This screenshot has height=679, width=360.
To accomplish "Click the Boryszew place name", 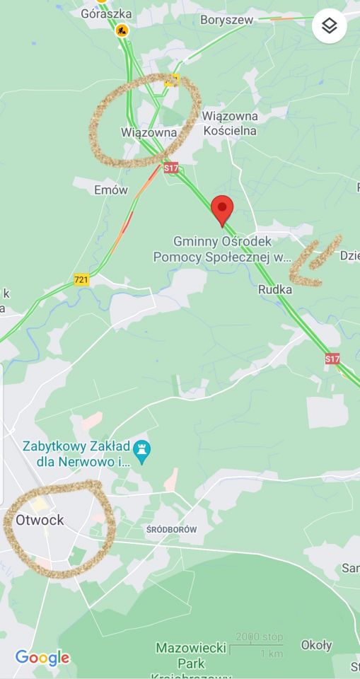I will (x=226, y=21).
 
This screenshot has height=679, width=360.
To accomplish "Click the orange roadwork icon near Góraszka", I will (x=122, y=30).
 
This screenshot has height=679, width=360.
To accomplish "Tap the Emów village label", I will (x=111, y=190).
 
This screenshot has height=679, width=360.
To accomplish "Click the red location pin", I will (x=223, y=209).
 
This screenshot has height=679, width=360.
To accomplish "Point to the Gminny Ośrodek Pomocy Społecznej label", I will (x=223, y=249).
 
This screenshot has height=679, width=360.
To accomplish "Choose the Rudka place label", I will (x=275, y=289).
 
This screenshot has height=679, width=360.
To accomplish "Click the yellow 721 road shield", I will (x=81, y=280).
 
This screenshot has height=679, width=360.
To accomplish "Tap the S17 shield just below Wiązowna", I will (x=170, y=168).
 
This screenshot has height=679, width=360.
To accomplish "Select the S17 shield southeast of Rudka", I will (x=332, y=359).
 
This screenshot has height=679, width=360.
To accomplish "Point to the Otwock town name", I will (x=40, y=520).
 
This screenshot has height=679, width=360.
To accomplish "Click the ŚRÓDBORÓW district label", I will (x=171, y=530).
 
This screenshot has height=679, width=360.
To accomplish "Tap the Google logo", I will (x=42, y=658).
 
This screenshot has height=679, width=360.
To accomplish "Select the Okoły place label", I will (x=316, y=645).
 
